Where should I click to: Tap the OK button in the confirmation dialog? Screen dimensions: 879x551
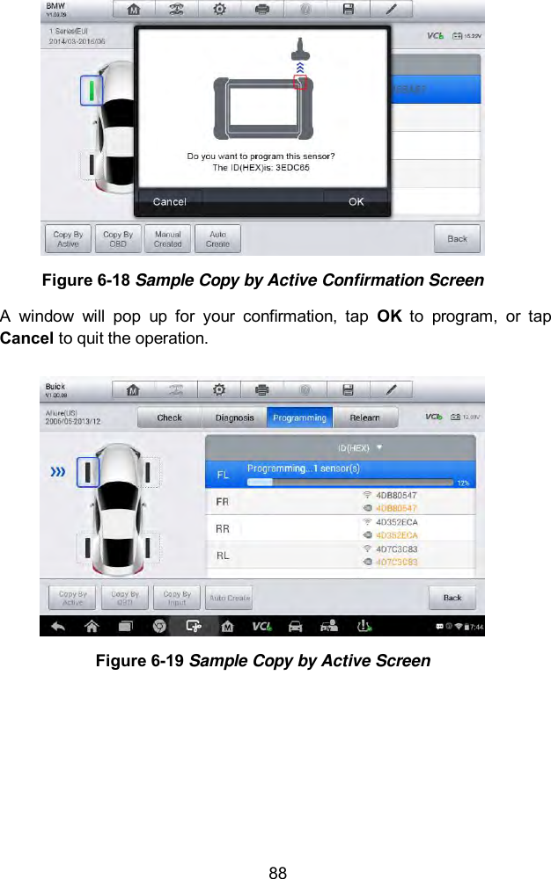(x=355, y=202)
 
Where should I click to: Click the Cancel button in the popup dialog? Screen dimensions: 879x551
(x=169, y=202)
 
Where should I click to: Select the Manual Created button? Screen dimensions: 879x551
(x=167, y=239)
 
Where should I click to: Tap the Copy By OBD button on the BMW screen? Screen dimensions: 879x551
(x=118, y=239)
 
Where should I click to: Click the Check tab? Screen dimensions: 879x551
(x=169, y=418)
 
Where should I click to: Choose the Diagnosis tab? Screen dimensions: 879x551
(x=235, y=418)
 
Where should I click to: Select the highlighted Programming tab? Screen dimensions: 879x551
(x=299, y=418)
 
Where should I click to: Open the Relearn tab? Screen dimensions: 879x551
(x=364, y=418)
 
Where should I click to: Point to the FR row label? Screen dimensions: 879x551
(x=224, y=501)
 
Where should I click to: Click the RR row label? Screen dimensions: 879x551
(x=224, y=528)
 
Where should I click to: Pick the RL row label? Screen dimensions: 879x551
(x=224, y=556)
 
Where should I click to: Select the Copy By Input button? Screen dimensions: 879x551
(x=177, y=599)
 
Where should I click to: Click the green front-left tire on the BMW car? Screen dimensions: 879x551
(x=90, y=89)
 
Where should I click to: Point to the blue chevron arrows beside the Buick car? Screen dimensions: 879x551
(x=58, y=472)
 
